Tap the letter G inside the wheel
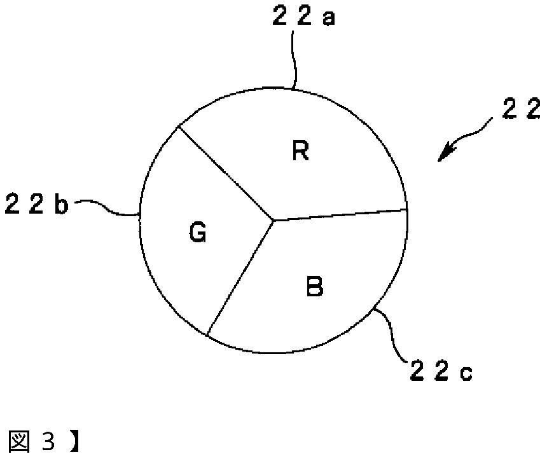point(197,234)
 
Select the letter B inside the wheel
point(314,287)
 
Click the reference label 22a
point(303,17)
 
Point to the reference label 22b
point(36,206)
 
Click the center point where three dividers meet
point(273,221)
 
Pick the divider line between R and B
point(340,215)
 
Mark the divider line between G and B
point(240,277)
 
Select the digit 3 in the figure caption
point(48,441)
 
